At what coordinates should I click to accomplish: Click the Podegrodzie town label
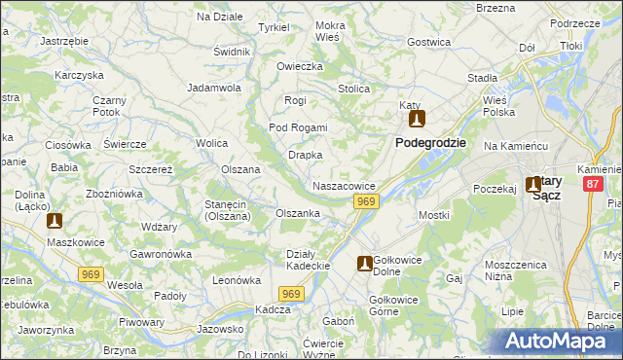(430, 142)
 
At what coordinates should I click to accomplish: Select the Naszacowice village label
(344, 185)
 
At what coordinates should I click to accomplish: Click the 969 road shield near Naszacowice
(365, 200)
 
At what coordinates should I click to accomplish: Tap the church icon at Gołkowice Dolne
(364, 263)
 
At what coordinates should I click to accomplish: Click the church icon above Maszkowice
(54, 221)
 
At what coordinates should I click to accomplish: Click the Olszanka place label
(298, 213)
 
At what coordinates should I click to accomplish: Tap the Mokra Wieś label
(330, 31)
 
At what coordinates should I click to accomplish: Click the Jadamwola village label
(214, 88)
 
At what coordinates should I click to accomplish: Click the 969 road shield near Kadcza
(290, 293)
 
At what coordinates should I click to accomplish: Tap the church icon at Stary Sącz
(534, 183)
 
